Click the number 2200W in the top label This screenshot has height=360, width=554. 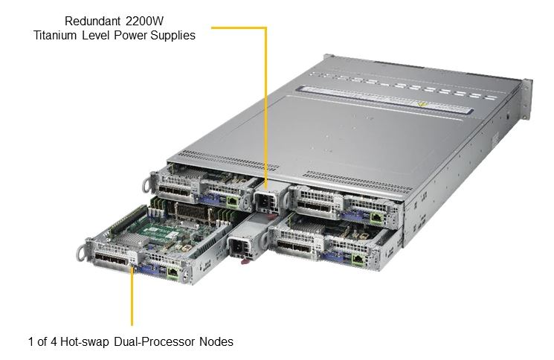[144, 21]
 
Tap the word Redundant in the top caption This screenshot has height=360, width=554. [92, 21]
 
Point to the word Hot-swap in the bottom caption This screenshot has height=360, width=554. [85, 341]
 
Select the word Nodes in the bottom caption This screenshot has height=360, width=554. [216, 341]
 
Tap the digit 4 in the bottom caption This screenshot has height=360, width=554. [54, 341]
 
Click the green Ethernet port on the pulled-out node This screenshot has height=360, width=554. [173, 272]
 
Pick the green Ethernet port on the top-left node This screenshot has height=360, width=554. [232, 202]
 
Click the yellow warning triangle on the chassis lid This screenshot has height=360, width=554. [421, 105]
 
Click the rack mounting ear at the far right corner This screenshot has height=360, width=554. [526, 100]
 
